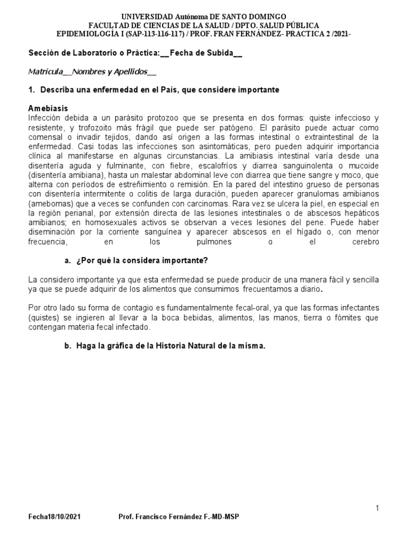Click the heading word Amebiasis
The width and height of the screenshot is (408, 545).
pos(48,108)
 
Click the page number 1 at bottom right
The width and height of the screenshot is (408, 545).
pos(377,509)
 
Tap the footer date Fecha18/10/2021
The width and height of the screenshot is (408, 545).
pos(55,517)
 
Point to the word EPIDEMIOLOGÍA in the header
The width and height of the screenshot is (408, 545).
pos(89,34)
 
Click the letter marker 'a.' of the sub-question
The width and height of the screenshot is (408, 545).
pos(67,260)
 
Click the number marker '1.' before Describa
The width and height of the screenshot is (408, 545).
pos(31,90)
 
